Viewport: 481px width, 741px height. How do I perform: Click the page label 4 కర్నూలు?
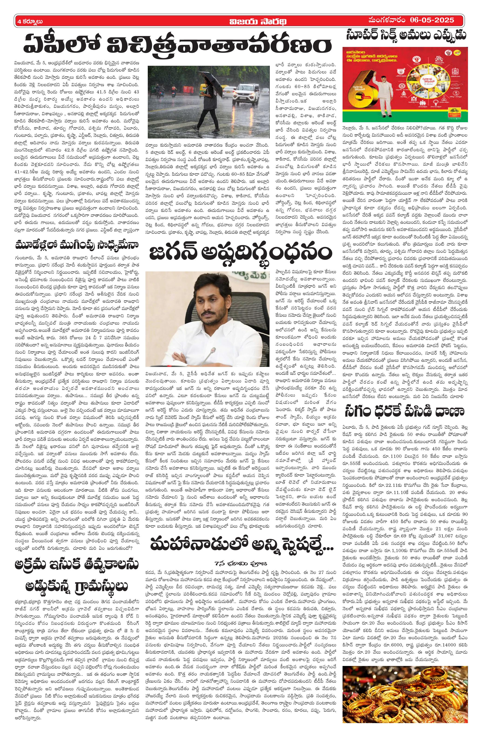pos(30,21)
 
